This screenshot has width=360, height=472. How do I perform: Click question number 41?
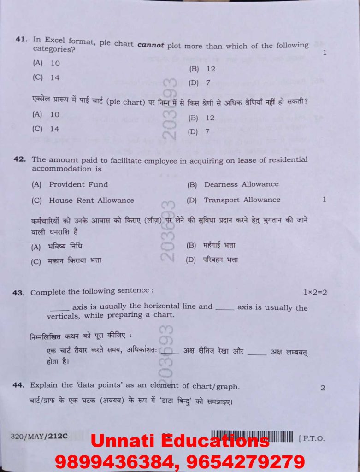(21, 40)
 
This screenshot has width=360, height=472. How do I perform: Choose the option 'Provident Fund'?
(78, 184)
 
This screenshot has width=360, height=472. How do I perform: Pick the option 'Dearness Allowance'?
(241, 184)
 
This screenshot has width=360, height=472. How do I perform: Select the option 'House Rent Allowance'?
(91, 200)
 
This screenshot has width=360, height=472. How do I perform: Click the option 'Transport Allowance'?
(242, 200)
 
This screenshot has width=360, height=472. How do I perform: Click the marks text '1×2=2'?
(315, 292)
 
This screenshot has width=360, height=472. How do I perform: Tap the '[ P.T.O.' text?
(312, 438)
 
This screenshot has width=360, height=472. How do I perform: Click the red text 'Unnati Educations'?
(180, 441)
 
